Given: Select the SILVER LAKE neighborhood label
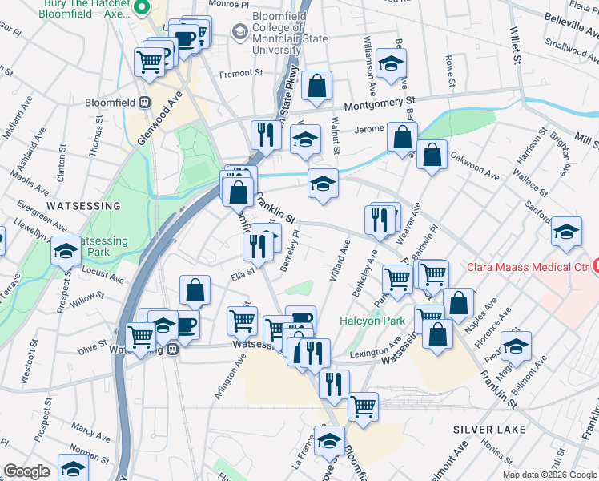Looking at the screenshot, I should (489, 430).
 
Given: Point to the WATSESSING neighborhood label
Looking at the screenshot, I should (83, 206).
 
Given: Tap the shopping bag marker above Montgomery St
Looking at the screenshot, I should (317, 86).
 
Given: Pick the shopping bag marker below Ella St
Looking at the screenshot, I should (195, 291).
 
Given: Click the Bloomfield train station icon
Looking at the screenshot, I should (146, 103).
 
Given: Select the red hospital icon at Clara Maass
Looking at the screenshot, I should (595, 265).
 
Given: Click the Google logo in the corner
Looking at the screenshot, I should (26, 471).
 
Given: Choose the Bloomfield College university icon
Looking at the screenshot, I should (239, 32).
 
